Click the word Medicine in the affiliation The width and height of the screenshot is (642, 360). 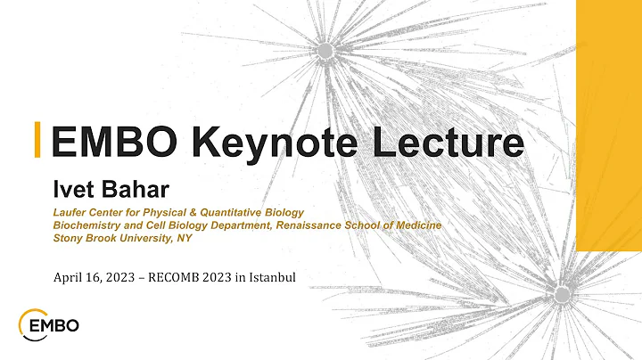tap(416, 225)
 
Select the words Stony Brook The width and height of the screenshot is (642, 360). tap(87, 238)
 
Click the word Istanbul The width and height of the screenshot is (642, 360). tap(270, 280)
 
